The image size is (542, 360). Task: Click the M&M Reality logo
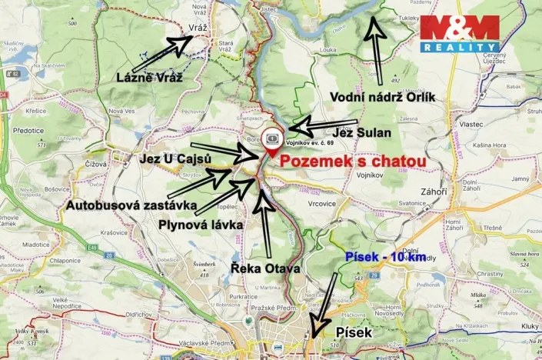[x=459, y=34]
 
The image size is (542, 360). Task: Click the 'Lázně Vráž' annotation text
[x=148, y=77]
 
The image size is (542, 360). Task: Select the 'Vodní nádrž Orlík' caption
[x=382, y=97]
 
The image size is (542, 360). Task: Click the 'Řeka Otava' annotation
[x=265, y=268]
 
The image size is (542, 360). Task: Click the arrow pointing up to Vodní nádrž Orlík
[x=375, y=46]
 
